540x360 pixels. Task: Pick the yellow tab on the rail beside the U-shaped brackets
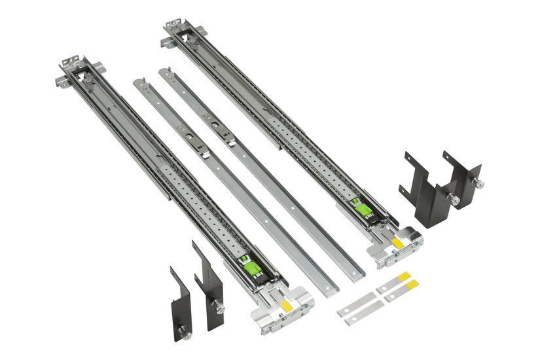[397, 242]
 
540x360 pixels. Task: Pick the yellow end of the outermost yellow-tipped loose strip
[412, 283]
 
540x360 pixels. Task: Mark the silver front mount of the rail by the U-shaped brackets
[396, 245]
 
